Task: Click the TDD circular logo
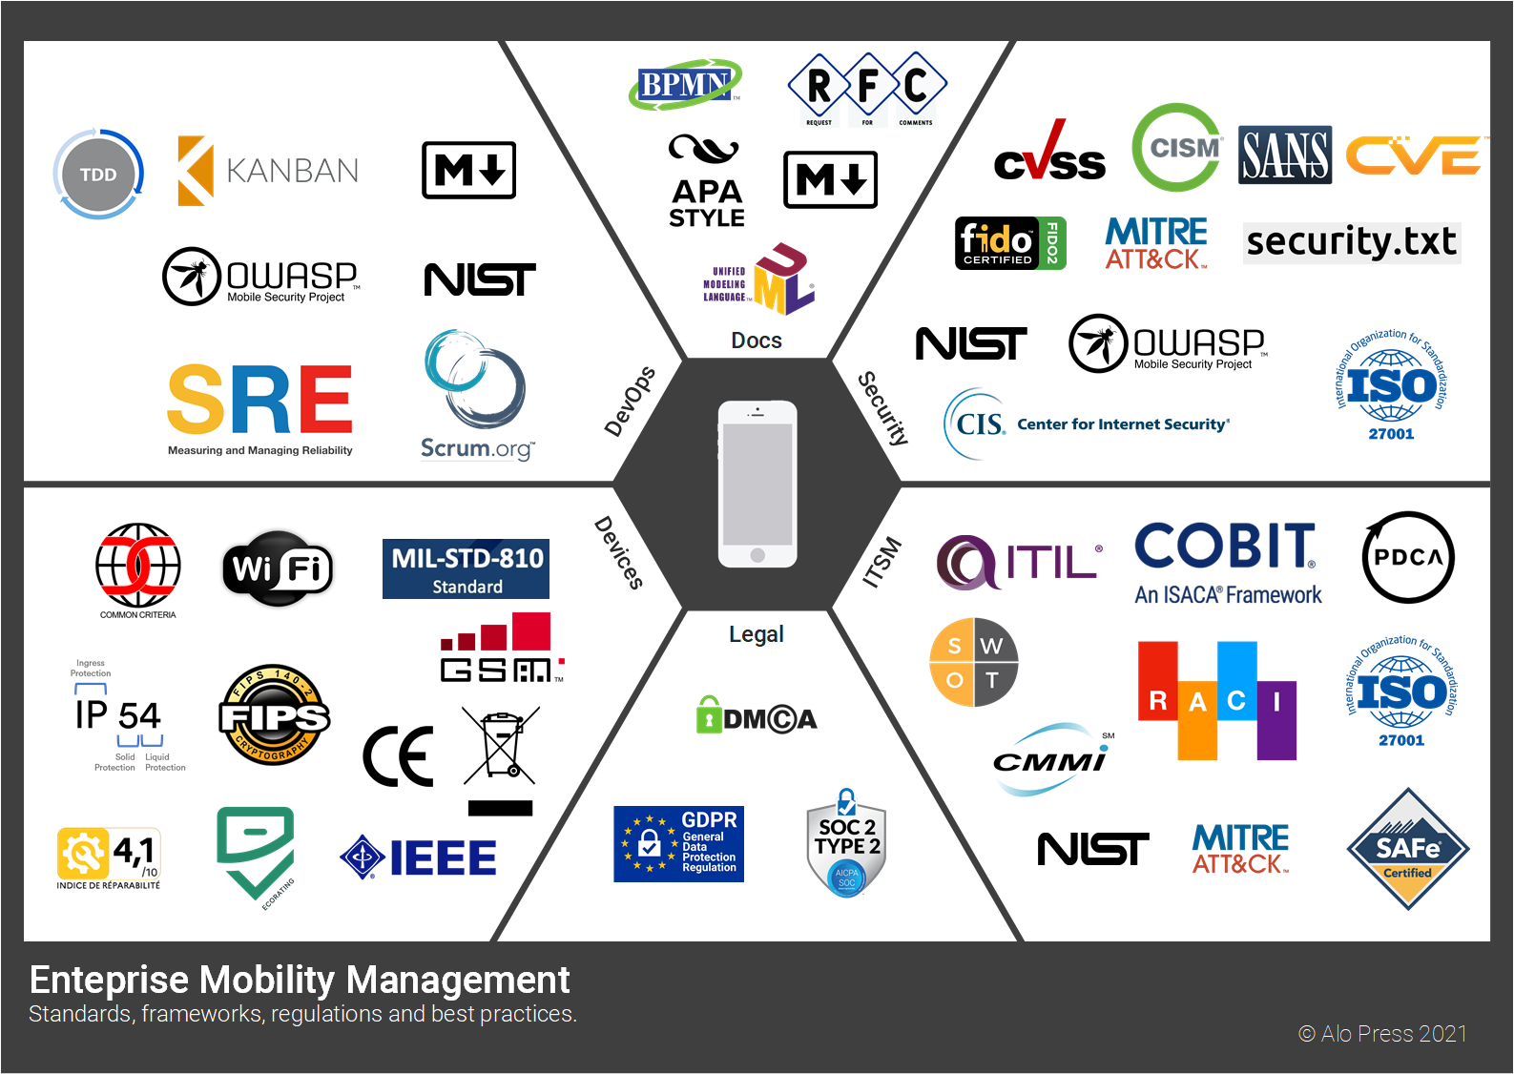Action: point(98,175)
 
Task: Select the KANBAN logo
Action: point(268,171)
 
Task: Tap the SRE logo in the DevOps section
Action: point(259,402)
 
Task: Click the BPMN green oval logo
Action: point(684,85)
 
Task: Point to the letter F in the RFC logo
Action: point(867,86)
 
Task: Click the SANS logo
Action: point(1284,155)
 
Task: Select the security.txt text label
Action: point(1351,242)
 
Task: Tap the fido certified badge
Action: point(1009,243)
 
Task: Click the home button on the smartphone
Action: point(757,555)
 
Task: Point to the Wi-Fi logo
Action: point(278,569)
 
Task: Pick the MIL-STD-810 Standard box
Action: point(466,569)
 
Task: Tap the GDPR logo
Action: point(678,844)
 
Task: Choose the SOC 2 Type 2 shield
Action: point(846,844)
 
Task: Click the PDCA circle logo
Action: point(1408,557)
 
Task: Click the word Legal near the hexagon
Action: point(756,634)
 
